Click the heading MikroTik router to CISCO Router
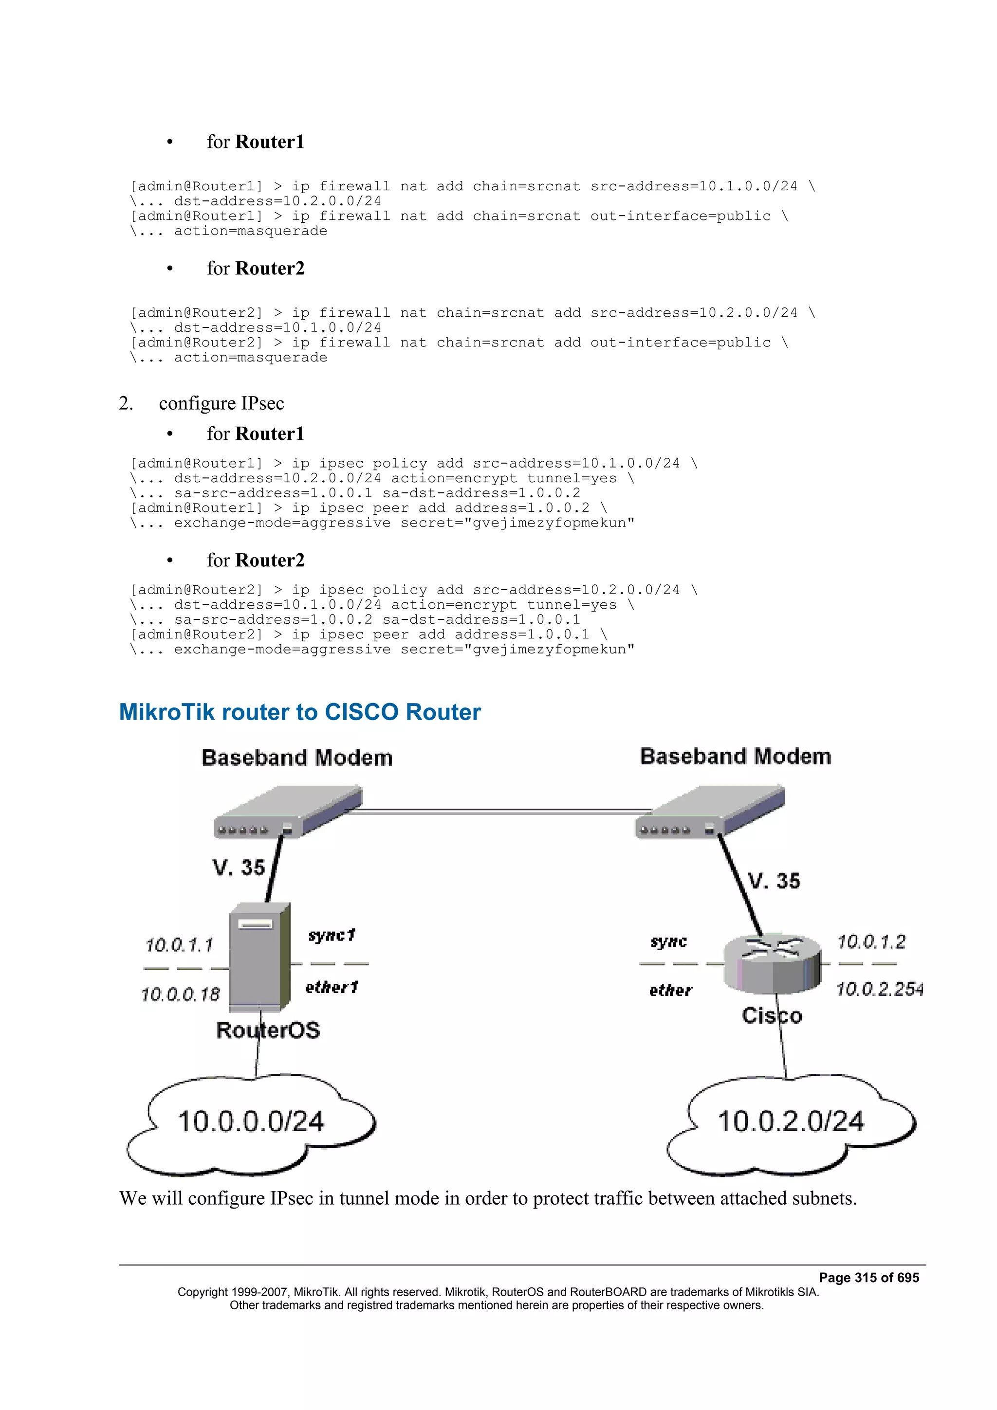pos(300,712)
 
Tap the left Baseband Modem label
pos(296,758)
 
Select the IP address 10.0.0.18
pos(180,994)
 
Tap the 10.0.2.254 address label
pos(879,989)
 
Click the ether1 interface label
pos(332,988)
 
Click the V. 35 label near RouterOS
pos(239,868)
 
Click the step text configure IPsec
pos(221,403)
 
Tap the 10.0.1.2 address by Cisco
pos(871,942)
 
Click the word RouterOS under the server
pos(268,1030)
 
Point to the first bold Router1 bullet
pos(270,142)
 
